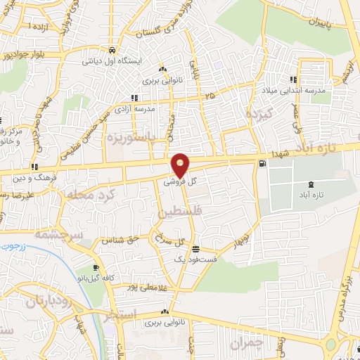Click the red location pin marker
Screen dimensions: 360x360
181,165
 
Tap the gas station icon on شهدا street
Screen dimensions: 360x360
262,164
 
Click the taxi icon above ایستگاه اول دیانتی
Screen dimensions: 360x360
112,51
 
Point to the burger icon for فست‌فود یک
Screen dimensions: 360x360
195,250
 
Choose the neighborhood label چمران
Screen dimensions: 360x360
245,342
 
